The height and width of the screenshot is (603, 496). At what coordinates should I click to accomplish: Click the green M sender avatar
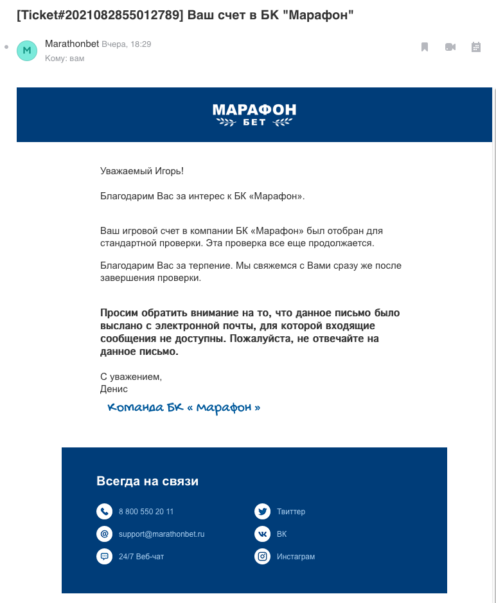[x=27, y=50]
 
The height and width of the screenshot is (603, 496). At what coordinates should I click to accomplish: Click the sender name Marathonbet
[x=72, y=44]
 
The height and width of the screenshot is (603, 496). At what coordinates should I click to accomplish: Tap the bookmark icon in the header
[x=425, y=47]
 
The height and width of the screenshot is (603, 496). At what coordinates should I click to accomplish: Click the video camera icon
[x=450, y=47]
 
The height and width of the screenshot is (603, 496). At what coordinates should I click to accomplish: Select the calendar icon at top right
[x=476, y=47]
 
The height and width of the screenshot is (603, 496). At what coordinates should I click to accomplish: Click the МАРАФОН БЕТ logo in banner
[x=254, y=114]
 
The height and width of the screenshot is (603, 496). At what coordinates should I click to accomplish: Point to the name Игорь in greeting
[x=169, y=171]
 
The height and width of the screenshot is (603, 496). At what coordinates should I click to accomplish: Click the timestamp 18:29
[x=141, y=44]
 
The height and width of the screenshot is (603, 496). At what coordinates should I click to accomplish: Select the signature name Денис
[x=114, y=389]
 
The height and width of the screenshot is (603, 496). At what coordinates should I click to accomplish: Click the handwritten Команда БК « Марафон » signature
[x=184, y=408]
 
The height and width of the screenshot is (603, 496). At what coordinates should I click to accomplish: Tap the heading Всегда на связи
[x=147, y=481]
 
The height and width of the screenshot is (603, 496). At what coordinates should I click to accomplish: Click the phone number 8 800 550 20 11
[x=146, y=512]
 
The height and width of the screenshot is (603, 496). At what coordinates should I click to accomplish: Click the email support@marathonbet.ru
[x=161, y=534]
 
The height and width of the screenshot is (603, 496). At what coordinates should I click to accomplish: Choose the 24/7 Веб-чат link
[x=141, y=557]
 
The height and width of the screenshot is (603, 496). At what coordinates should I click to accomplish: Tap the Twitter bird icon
[x=262, y=512]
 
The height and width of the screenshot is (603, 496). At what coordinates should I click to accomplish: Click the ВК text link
[x=281, y=534]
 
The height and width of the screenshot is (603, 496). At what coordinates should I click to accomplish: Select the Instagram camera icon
[x=262, y=557]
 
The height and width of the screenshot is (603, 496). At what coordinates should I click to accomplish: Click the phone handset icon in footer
[x=104, y=512]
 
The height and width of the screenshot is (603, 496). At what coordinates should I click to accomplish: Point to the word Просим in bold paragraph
[x=118, y=313]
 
